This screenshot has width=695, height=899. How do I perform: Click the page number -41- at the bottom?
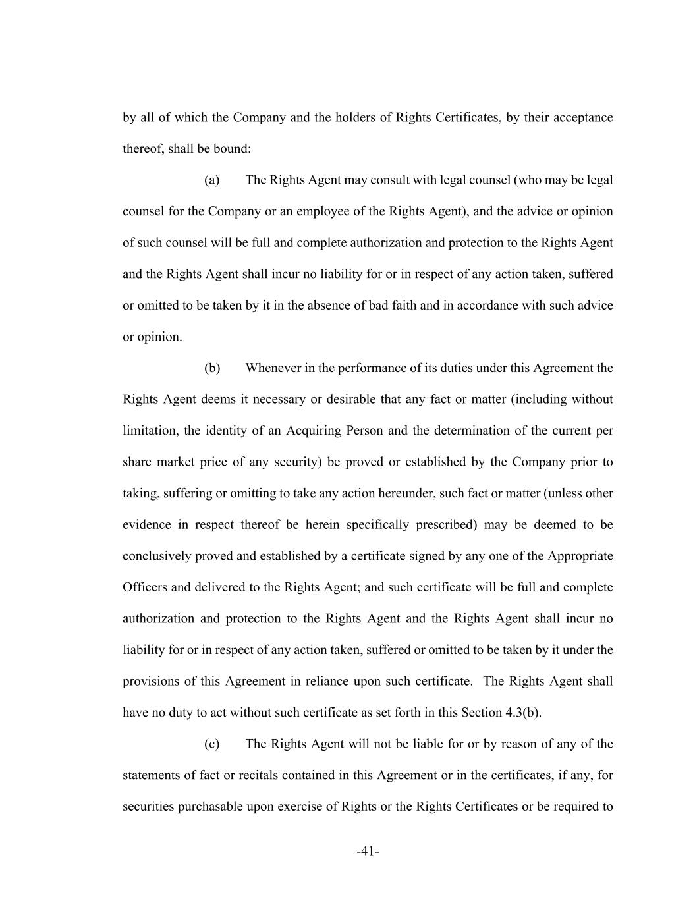[x=368, y=852]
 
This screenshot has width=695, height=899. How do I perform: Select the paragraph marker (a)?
[x=211, y=180]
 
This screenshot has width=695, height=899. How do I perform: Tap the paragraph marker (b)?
[x=212, y=368]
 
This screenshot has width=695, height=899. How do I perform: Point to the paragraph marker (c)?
[x=211, y=744]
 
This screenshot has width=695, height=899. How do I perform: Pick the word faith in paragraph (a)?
[x=404, y=306]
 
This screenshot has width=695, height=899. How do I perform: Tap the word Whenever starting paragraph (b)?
[x=273, y=368]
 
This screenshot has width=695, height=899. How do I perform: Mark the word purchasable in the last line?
[x=211, y=807]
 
